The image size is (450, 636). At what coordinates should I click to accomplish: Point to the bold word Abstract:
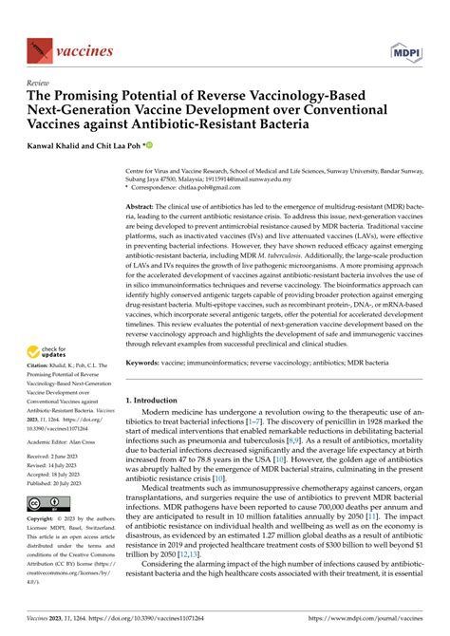[x=141, y=205]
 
